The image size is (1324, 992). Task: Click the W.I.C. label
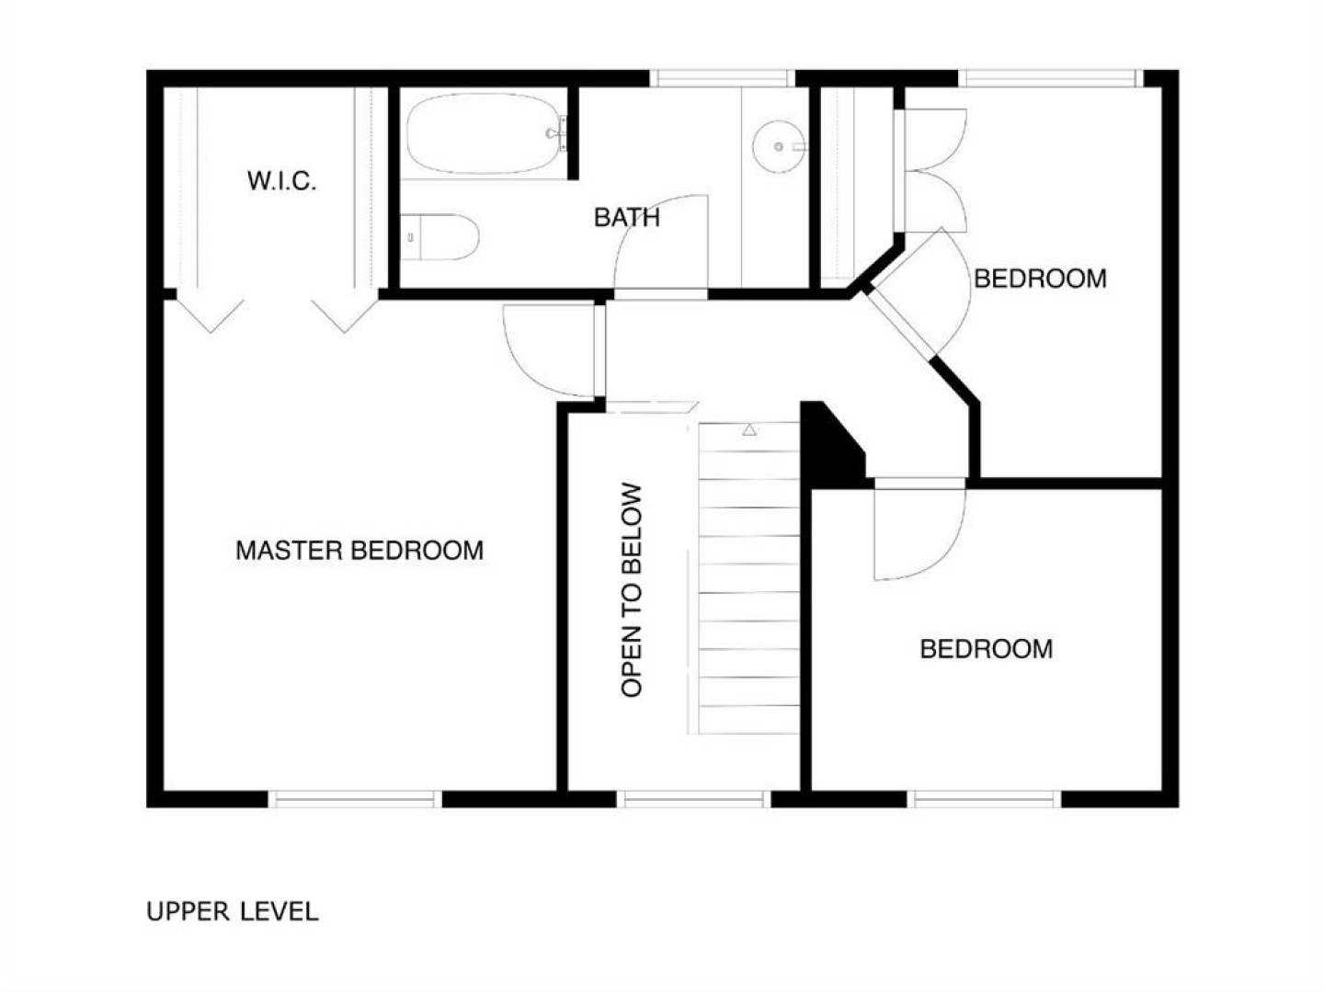point(281,181)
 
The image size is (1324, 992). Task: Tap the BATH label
point(627,218)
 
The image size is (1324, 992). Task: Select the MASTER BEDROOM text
point(360,551)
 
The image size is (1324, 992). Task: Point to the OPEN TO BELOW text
point(632,590)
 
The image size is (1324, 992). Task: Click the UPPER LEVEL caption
point(233,911)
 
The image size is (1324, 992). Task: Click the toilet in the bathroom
point(439,237)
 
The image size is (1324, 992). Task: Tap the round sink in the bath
point(779,146)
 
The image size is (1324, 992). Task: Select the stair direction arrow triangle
point(749,430)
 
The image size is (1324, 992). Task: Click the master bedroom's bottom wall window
point(355,800)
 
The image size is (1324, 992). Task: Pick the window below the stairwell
point(693,800)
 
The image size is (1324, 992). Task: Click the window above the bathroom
point(723,78)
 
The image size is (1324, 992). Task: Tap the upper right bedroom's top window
point(1051,78)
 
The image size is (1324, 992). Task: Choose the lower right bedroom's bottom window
point(984,800)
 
